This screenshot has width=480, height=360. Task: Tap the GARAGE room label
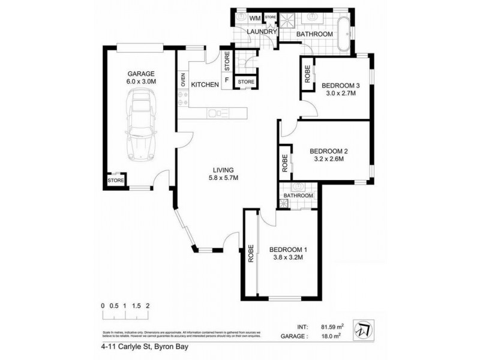coord(137,74)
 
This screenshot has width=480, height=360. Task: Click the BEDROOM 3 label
coord(340,85)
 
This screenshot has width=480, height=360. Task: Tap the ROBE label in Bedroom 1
coord(250,254)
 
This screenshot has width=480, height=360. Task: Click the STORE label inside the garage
coord(115,180)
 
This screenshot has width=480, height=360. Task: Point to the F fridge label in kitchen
coord(227,80)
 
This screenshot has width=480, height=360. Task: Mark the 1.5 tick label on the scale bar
coord(136,305)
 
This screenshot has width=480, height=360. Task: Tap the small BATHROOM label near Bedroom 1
coord(298,196)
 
